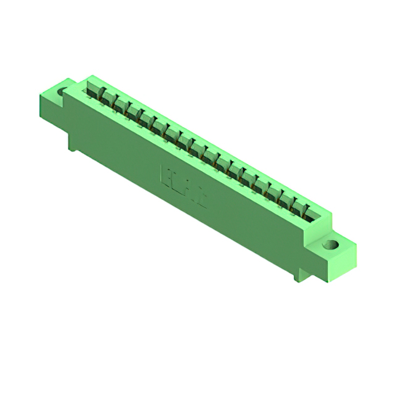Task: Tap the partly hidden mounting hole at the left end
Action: coord(62,93)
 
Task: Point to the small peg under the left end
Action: coord(72,146)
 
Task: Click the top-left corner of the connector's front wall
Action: coord(67,91)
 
